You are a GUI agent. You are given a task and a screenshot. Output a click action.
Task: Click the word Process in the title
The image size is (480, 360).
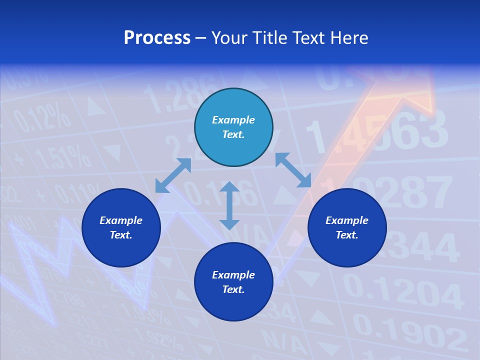point(157,38)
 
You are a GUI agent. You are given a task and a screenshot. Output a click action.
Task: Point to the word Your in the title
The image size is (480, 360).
point(230,38)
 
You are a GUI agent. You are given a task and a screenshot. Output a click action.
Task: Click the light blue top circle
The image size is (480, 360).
point(233,127)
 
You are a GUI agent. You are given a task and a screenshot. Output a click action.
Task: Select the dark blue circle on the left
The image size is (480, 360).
point(121,227)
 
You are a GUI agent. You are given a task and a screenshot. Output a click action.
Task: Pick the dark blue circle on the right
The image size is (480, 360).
point(347,227)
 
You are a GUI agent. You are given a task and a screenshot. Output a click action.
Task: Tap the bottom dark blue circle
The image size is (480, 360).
point(233,282)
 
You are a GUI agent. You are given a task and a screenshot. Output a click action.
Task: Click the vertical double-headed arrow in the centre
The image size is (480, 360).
point(229,205)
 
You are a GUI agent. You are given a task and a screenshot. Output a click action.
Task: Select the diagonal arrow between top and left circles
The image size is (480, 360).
point(173,175)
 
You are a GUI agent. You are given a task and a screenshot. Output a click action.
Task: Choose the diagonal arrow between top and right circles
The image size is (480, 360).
point(293,170)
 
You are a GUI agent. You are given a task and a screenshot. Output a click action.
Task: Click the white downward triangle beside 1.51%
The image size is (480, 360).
point(112,152)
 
